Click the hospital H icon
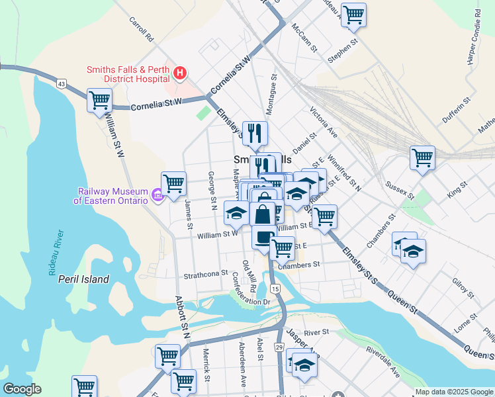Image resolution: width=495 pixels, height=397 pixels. pyautogui.click(x=179, y=72)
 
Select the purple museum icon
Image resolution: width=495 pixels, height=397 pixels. pyautogui.click(x=157, y=195)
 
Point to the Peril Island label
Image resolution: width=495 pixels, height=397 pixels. pyautogui.click(x=83, y=279)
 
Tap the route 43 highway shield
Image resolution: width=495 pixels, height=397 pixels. pyautogui.click(x=62, y=84)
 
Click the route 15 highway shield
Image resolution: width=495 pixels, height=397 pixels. pyautogui.click(x=275, y=289)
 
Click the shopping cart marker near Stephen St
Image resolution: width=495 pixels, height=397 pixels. pyautogui.click(x=354, y=14)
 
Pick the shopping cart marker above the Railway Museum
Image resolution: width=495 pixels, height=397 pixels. pyautogui.click(x=173, y=183)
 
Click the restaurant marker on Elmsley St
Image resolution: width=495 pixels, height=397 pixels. pyautogui.click(x=254, y=132)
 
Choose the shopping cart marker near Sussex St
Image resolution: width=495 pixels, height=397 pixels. pyautogui.click(x=422, y=157)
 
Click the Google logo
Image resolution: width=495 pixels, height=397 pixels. pyautogui.click(x=22, y=389)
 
